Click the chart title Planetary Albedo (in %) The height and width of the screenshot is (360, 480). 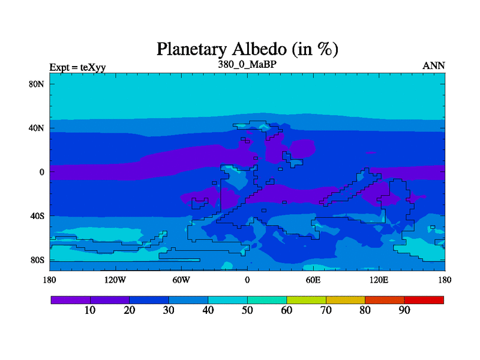[247, 49]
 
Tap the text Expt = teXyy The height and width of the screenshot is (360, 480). [78, 67]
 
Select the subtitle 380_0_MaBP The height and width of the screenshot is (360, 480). [247, 64]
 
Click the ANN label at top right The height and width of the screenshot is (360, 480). [434, 66]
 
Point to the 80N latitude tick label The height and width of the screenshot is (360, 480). [36, 84]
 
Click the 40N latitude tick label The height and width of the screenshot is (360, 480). [36, 128]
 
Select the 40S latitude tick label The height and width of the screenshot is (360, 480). [37, 216]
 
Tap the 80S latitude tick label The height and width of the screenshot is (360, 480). [37, 260]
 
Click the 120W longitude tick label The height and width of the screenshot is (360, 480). [115, 280]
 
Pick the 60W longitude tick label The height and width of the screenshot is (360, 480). [181, 280]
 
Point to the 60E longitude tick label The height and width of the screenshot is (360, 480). [313, 280]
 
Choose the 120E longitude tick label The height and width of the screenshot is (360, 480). [379, 280]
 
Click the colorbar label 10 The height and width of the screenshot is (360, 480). [90, 310]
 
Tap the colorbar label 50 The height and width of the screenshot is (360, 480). [247, 310]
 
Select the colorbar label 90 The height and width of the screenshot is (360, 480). [404, 310]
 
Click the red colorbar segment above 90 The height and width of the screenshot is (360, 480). [424, 300]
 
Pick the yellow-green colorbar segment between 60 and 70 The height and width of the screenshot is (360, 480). [306, 300]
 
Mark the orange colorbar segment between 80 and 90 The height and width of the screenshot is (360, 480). [385, 300]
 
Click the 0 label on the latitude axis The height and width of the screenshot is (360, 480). [41, 172]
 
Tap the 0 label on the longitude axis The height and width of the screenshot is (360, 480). [247, 280]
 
